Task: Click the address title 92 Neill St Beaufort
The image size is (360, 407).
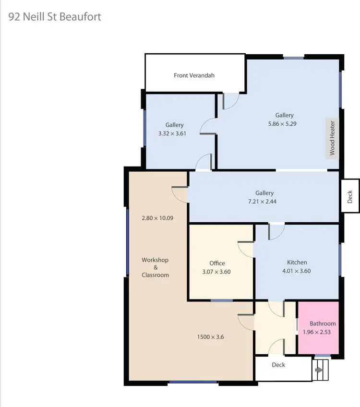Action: pos(55,17)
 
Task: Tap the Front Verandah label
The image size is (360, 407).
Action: pos(194,75)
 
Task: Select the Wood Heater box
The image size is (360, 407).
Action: pos(332,138)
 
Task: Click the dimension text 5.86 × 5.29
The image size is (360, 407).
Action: pos(284,123)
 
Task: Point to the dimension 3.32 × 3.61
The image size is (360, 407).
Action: pos(172,133)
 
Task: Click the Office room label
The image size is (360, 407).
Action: pos(217,263)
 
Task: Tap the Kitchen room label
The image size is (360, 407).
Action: pos(297,262)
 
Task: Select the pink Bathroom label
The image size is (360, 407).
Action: pos(323,323)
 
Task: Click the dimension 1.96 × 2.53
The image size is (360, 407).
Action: pos(317,332)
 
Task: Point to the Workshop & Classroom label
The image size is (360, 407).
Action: pos(155,267)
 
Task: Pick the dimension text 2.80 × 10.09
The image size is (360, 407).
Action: pos(157,218)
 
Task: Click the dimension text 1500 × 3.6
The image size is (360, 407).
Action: pos(210,337)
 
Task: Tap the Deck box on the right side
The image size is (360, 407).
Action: pos(349,196)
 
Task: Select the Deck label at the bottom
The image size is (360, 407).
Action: pos(278,365)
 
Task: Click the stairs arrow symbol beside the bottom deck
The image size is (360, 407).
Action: pos(318,370)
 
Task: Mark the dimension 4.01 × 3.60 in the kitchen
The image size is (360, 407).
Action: pos(297,271)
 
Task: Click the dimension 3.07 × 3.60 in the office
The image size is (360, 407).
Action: pos(217,271)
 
